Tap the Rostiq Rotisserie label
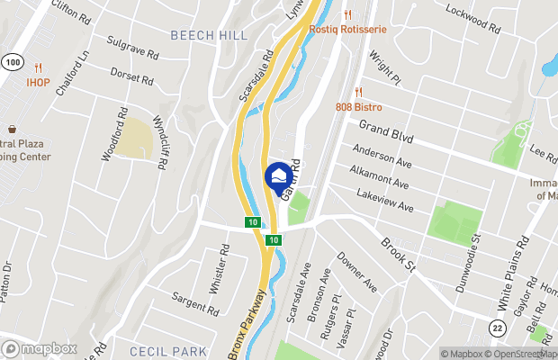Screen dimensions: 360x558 pos(347,29)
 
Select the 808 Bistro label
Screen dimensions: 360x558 pos(371,106)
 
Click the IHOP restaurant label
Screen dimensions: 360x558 pos(38,82)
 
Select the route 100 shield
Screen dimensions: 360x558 pos(11,62)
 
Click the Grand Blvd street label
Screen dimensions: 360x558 pos(386,133)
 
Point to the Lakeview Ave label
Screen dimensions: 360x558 pos(383,201)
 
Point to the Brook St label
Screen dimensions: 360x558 pos(396,255)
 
